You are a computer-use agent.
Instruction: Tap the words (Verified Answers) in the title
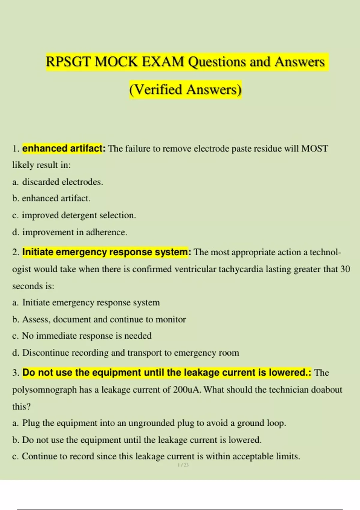coord(185,90)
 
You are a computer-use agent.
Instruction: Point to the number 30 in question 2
coord(345,269)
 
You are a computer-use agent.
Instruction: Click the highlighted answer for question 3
coord(167,373)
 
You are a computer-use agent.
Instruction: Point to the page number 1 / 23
coord(183,465)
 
